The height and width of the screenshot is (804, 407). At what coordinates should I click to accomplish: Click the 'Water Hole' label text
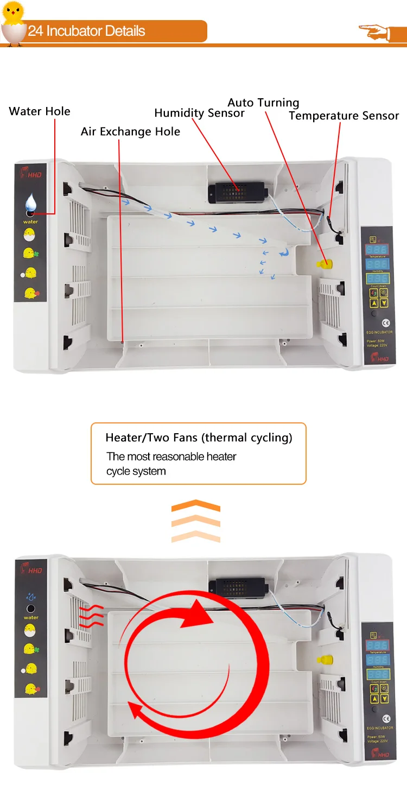tap(40, 111)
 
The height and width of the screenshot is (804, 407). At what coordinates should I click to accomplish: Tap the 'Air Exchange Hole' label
tap(130, 131)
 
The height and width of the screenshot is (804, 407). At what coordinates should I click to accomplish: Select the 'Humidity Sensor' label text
tap(199, 113)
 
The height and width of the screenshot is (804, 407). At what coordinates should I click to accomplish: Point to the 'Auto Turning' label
tap(263, 103)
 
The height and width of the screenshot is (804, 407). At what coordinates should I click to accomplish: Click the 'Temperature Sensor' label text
tap(344, 116)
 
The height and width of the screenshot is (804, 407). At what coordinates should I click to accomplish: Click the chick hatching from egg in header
tap(13, 22)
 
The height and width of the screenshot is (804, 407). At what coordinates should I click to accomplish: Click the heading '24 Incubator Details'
tap(87, 31)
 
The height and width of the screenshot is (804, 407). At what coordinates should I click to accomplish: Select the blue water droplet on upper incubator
tap(31, 204)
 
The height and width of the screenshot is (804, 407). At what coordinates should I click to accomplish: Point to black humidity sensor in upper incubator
tap(238, 191)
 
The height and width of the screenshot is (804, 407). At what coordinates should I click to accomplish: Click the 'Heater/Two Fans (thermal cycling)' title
tap(199, 438)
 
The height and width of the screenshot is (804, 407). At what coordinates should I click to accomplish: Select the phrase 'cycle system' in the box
tap(136, 471)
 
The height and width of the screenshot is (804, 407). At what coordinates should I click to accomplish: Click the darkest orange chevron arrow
tap(195, 506)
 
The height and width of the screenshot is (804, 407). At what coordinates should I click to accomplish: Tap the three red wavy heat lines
tap(91, 616)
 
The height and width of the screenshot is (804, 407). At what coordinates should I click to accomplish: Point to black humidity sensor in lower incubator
tap(238, 586)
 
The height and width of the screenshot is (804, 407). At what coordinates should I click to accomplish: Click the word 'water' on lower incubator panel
tap(31, 617)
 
